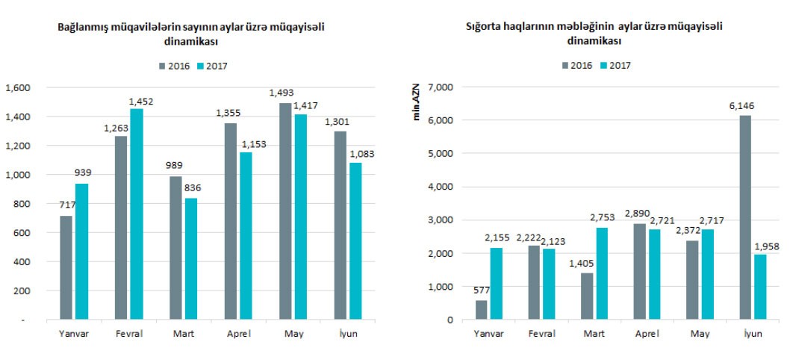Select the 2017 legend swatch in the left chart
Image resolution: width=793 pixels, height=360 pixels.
click(200, 66)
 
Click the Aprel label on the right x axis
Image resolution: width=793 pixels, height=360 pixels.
click(646, 333)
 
